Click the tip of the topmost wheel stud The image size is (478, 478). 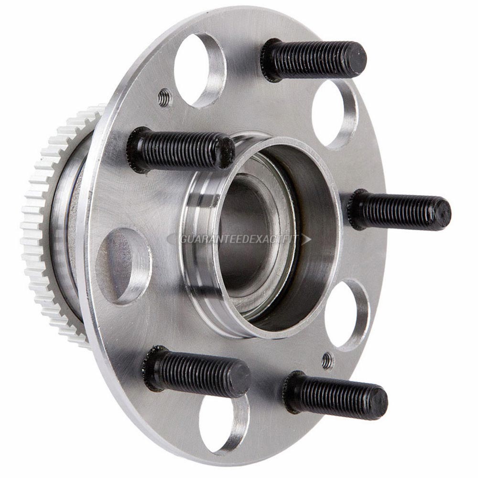tap(356, 59)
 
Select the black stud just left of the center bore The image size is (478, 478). tap(182, 150)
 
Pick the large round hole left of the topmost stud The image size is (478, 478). tap(198, 69)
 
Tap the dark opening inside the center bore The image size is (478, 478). tap(244, 234)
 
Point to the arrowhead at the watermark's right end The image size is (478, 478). tap(306, 239)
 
